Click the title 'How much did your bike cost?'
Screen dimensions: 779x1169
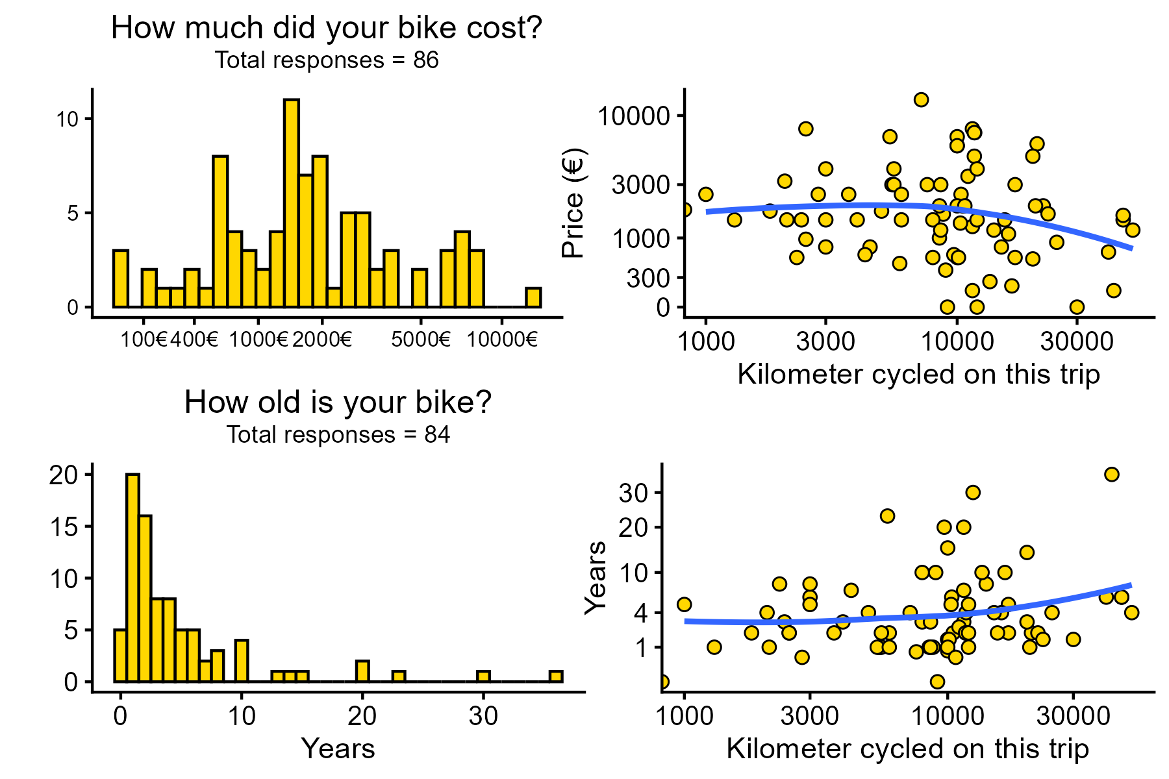click(x=326, y=29)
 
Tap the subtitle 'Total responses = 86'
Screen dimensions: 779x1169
click(x=326, y=60)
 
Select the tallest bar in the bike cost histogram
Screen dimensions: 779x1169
click(x=292, y=203)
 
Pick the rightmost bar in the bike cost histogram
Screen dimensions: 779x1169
click(x=533, y=298)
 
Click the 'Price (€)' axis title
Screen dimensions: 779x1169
click(x=574, y=203)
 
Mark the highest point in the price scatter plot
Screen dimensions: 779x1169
click(x=921, y=99)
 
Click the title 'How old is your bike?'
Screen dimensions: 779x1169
click(x=338, y=402)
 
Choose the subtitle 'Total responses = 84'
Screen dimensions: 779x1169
click(x=338, y=434)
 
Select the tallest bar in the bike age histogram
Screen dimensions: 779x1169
click(x=132, y=578)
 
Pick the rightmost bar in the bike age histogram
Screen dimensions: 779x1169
click(x=556, y=676)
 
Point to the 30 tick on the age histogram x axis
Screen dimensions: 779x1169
click(x=483, y=716)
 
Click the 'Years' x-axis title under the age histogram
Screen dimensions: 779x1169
click(x=338, y=748)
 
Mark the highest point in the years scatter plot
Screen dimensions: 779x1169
click(x=1111, y=475)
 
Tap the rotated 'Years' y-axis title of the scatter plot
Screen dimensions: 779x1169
click(x=595, y=577)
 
